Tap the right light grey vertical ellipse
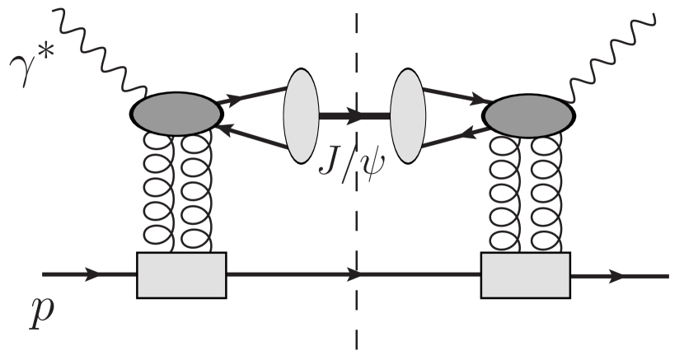pos(408,116)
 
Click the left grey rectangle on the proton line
pos(180,274)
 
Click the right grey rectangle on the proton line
pos(524,274)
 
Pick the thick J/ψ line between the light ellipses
pos(338,116)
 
